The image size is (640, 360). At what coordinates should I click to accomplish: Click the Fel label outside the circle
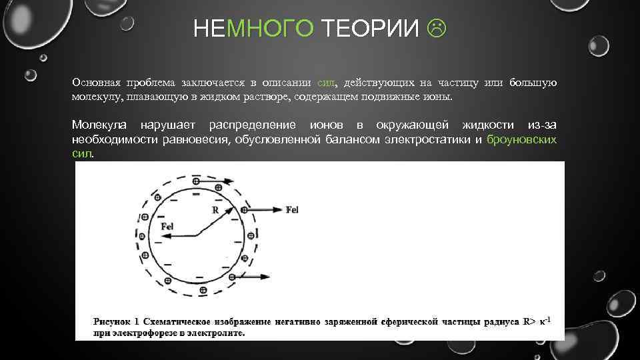click(292, 210)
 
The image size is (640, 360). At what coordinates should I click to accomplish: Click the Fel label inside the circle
click(167, 226)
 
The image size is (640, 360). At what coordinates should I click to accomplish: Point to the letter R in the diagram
click(215, 209)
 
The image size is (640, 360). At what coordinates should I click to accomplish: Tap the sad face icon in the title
click(437, 29)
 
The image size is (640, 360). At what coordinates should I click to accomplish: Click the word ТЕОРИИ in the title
click(371, 29)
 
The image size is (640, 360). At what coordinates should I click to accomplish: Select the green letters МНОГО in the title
click(269, 29)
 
